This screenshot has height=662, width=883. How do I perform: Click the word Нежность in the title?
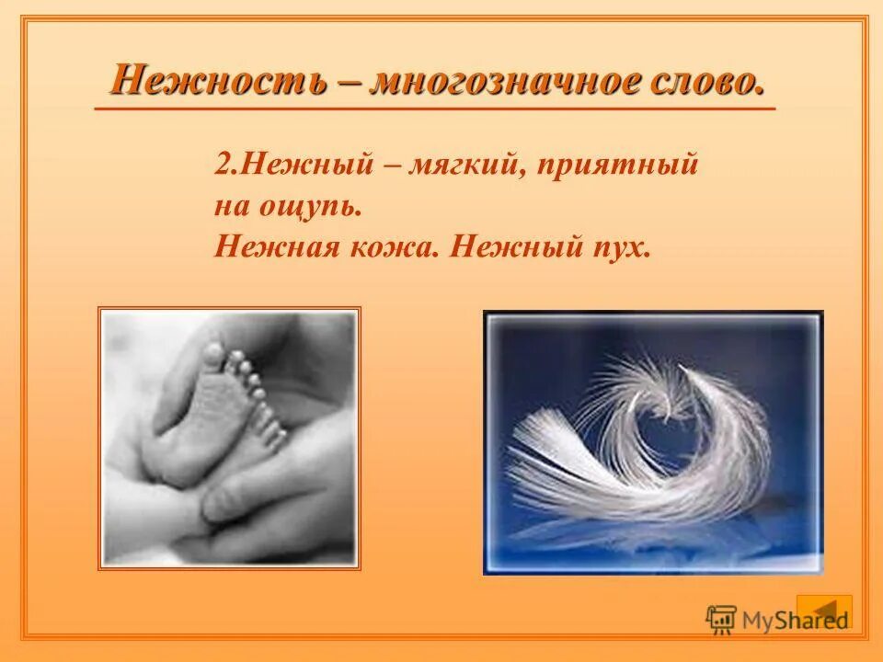216,81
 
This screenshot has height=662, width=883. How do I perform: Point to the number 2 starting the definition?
222,165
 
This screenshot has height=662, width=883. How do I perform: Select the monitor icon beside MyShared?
720,619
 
